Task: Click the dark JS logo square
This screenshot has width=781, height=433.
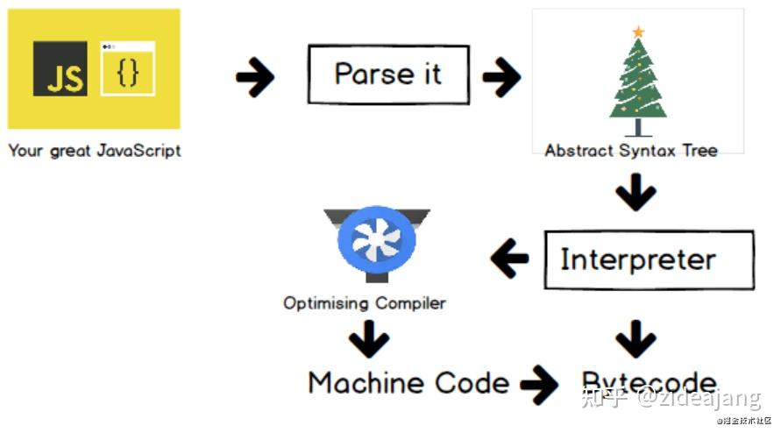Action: coord(60,68)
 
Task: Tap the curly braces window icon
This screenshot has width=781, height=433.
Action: coord(128,67)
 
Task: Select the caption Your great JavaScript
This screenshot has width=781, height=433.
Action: coord(94,150)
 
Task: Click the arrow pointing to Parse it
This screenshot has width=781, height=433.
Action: coord(255,79)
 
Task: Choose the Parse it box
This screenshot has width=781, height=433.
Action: coord(387,75)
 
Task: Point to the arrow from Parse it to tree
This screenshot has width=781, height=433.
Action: coord(501,79)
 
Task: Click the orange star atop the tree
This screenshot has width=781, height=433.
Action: coord(638,32)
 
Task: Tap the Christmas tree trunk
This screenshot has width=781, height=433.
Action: coord(638,127)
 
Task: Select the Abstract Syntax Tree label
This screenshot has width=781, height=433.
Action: coord(630,150)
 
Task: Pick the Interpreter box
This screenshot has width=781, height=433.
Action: coord(649,259)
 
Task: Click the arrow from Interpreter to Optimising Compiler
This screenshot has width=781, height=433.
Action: coord(509,259)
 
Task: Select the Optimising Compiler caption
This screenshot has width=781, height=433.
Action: coord(364,303)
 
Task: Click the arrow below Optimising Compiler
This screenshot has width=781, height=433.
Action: coord(369,339)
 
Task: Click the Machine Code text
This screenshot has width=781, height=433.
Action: coord(408,383)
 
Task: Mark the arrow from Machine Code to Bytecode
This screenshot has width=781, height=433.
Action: coord(539,384)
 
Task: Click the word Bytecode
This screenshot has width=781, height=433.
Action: coord(649,383)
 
